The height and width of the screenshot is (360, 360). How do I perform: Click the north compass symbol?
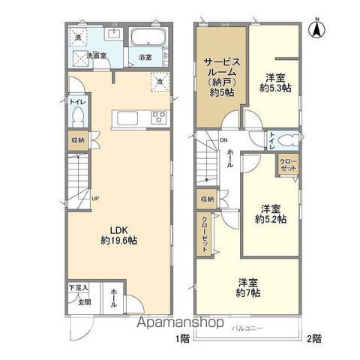coord(318,30)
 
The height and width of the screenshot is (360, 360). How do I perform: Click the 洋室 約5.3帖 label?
coord(275,82)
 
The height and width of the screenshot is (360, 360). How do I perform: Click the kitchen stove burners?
coord(160,115)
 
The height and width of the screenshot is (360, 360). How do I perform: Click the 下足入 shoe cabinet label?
coord(80,287)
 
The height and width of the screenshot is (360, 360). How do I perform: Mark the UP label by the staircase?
coord(94,199)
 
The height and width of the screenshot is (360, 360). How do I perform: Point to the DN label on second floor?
coord(223,139)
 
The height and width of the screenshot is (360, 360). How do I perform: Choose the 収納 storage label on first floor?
coord(79,140)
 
